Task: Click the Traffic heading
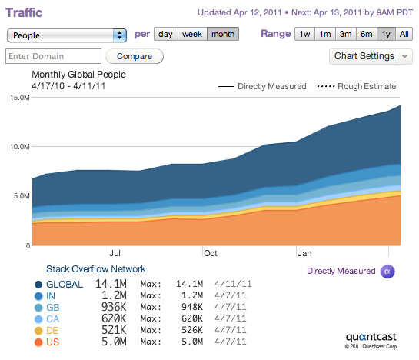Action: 24,12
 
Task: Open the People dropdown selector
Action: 67,35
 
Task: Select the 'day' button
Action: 165,34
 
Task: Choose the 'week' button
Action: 192,34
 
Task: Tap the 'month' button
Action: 223,34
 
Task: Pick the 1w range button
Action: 304,34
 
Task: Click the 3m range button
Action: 345,34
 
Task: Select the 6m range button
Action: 367,34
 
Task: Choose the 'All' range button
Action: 404,34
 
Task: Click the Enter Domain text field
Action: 54,56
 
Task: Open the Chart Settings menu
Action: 371,56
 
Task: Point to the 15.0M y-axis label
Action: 20,98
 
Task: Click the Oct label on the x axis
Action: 211,253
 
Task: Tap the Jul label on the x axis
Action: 115,253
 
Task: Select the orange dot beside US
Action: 38,342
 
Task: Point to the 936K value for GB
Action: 114,307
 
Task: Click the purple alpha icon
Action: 387,272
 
